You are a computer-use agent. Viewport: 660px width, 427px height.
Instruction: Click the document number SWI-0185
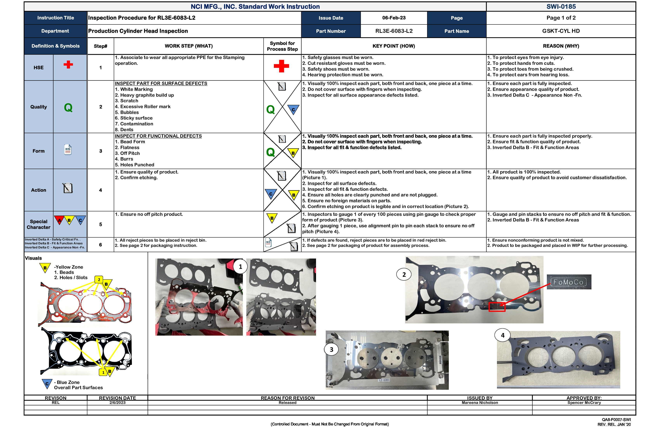pos(561,6)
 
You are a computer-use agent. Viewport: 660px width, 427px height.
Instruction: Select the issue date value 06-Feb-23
pos(393,18)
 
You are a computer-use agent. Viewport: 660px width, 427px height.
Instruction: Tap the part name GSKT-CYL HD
pos(561,31)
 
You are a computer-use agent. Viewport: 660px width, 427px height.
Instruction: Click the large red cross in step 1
pos(281,66)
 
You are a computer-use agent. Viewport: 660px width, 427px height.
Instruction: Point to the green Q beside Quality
pos(68,107)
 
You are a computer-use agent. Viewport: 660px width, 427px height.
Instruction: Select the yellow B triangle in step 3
pos(293,153)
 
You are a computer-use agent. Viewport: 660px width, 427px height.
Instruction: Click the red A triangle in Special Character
pos(59,220)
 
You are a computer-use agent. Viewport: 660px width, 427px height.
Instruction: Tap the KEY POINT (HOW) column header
pos(393,46)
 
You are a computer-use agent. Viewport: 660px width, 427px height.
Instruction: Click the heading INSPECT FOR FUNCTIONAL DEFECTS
pos(158,136)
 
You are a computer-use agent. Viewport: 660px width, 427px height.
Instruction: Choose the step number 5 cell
pos(100,224)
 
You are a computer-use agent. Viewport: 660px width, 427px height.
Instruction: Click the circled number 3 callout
pos(331,349)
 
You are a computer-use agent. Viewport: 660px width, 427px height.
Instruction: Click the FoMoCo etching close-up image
pos(569,282)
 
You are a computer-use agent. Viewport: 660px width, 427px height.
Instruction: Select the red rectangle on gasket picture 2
pos(497,307)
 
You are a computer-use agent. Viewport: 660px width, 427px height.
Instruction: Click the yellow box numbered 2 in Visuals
pos(99,279)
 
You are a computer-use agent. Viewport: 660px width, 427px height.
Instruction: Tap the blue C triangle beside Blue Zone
pos(47,384)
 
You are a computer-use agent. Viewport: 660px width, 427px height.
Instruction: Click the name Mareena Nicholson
pos(479,403)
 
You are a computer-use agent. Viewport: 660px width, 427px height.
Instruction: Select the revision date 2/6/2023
pos(117,403)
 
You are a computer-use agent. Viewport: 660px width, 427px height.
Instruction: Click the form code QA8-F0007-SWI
pos(616,419)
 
